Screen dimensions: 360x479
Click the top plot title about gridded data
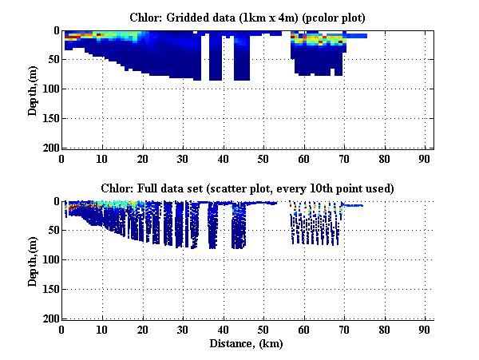point(247,17)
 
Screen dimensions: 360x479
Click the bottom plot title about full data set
point(247,188)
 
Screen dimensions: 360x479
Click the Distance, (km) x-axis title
point(247,343)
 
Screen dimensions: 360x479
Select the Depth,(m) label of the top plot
point(33,89)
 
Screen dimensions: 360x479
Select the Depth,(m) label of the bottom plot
point(33,260)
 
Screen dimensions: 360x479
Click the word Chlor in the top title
point(143,17)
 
